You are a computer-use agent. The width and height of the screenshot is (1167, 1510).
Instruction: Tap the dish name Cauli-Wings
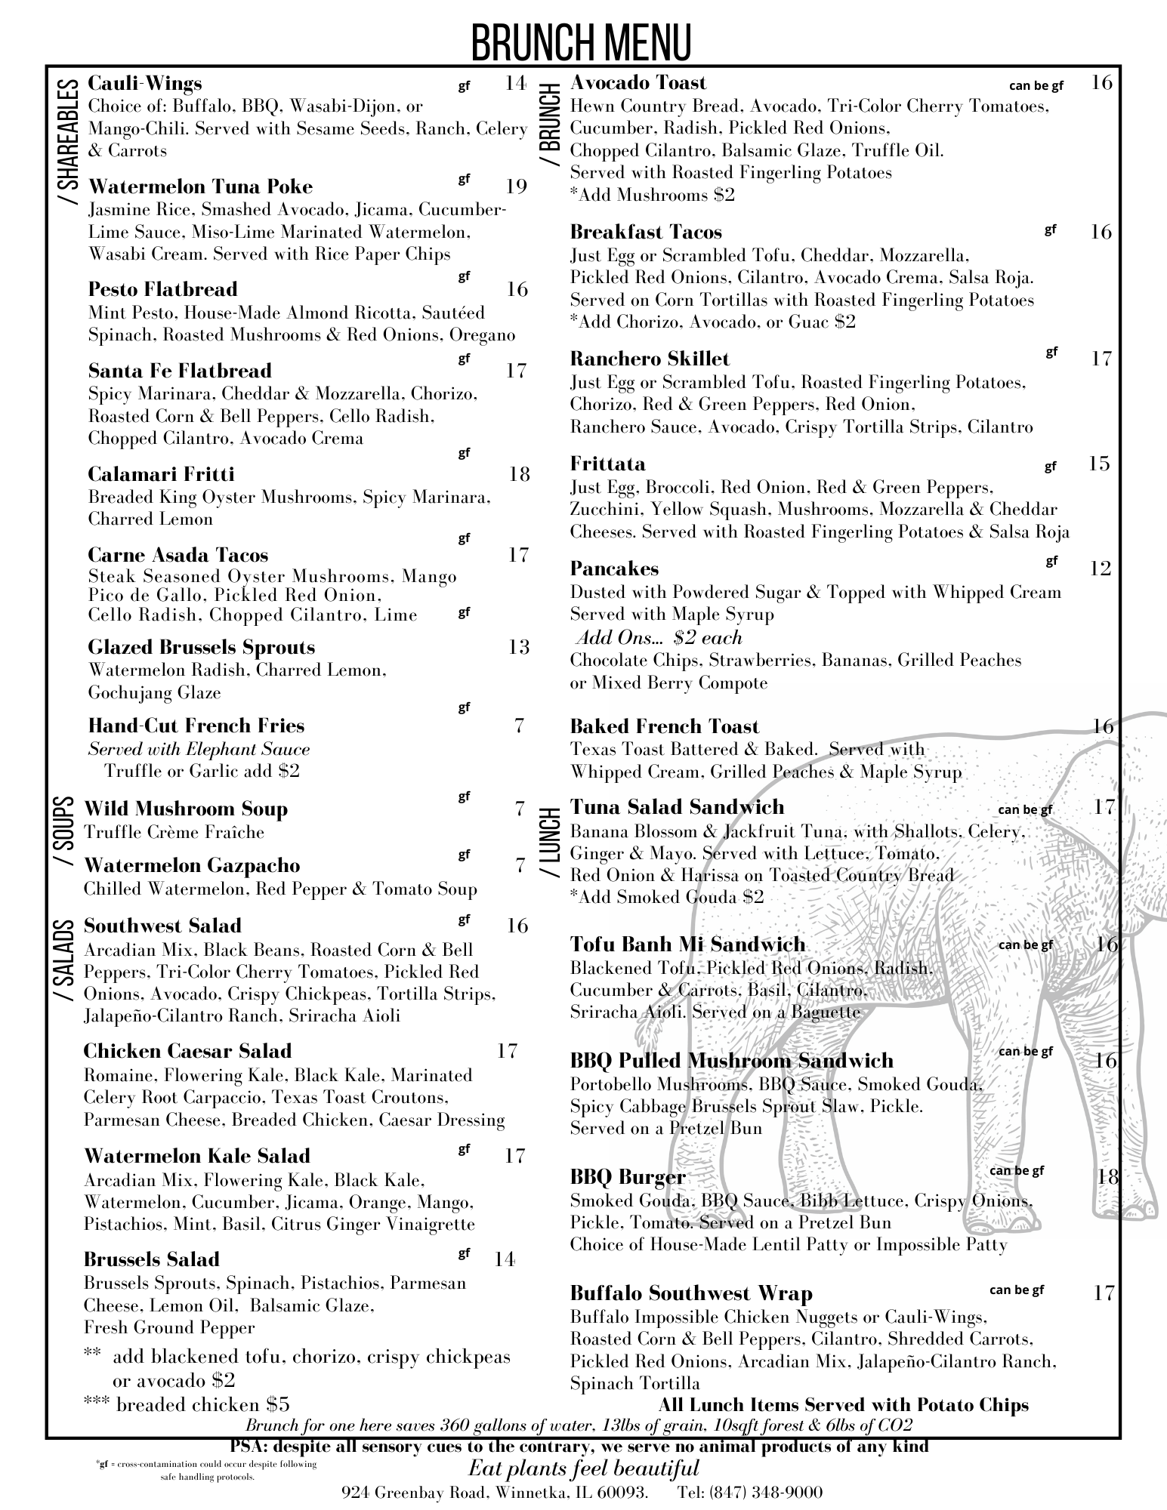click(x=145, y=83)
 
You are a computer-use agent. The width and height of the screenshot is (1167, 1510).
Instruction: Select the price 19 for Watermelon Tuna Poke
click(x=516, y=186)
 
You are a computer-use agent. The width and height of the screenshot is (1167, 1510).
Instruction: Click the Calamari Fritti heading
click(x=161, y=474)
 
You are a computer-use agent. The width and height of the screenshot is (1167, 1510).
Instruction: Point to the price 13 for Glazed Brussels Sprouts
click(x=518, y=647)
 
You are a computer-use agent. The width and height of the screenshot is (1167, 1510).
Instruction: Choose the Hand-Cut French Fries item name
click(x=196, y=726)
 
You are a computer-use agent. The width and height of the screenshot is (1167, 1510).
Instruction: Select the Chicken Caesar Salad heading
click(x=187, y=1051)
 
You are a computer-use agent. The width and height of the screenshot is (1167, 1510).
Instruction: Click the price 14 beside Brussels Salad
click(x=505, y=1259)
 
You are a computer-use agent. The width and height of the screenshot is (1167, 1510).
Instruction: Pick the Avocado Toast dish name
click(x=638, y=82)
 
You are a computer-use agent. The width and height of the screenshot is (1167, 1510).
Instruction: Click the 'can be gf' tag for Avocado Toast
click(x=1036, y=86)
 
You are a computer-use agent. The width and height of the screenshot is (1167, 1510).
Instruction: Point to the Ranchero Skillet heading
click(x=650, y=359)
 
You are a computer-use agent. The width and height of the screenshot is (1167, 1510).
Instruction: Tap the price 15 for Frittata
click(x=1099, y=463)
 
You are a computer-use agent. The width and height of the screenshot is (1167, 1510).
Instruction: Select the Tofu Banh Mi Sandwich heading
click(x=687, y=945)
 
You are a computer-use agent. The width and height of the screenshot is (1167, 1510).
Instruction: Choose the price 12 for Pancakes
click(x=1101, y=568)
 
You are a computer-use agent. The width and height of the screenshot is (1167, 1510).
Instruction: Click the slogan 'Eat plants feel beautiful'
click(x=583, y=1468)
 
